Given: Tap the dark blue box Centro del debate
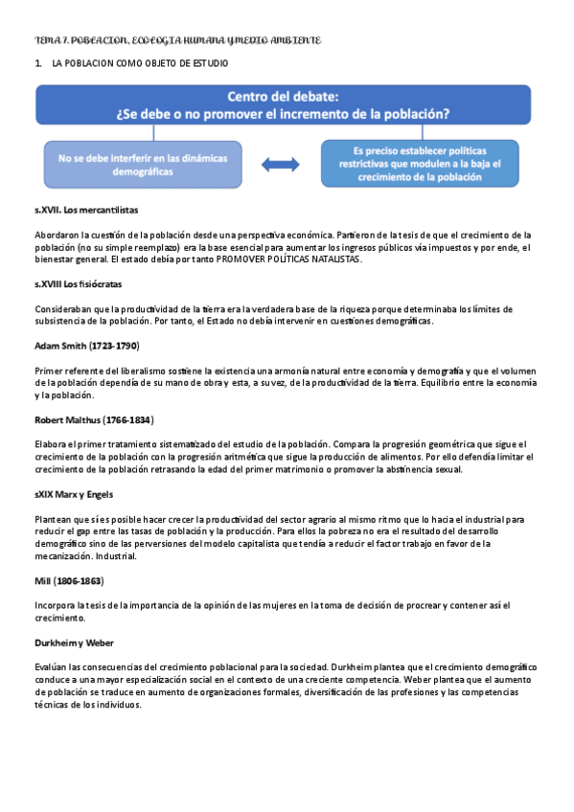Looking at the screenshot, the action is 282,104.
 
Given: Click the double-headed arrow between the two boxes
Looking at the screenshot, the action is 280,165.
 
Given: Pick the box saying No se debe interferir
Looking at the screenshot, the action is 140,165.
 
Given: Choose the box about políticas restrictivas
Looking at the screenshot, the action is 424,165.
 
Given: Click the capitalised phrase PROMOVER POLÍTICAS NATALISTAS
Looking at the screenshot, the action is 288,259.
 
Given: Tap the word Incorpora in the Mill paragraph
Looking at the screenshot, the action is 57,605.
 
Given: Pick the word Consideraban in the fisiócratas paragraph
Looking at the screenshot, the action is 65,308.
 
